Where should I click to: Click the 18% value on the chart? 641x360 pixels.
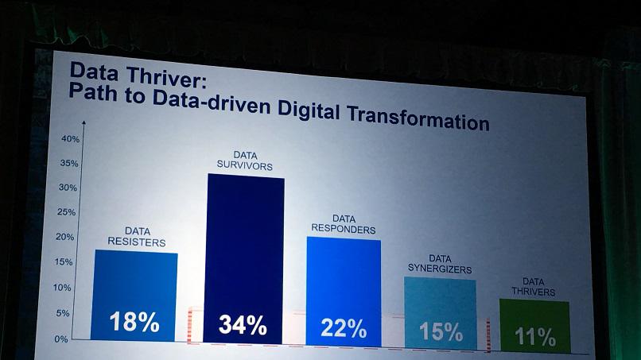pos(134,322)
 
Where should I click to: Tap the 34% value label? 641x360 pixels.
pos(242,325)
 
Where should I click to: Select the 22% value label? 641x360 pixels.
pos(344,327)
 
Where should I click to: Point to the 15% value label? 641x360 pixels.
pos(441,331)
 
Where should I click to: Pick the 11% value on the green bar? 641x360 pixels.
pos(535,337)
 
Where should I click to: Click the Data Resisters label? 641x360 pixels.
pos(137,236)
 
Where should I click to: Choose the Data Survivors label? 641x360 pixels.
pos(246,161)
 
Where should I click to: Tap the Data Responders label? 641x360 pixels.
pos(344,224)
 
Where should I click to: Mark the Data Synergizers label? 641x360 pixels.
pos(440,264)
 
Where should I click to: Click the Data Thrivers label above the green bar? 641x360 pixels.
pos(534,286)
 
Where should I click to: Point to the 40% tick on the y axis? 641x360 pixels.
pos(70,139)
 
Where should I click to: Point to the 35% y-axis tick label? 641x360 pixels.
pos(70,164)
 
